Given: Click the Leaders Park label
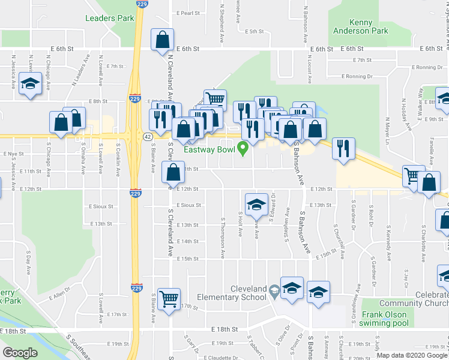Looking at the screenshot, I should click(110, 18).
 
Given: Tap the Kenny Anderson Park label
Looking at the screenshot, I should click(360, 26).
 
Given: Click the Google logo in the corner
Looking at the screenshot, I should click(19, 353).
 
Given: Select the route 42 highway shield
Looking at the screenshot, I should click(147, 137).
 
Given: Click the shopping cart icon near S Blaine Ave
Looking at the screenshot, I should click(169, 298).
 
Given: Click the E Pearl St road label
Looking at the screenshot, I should click(187, 13).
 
